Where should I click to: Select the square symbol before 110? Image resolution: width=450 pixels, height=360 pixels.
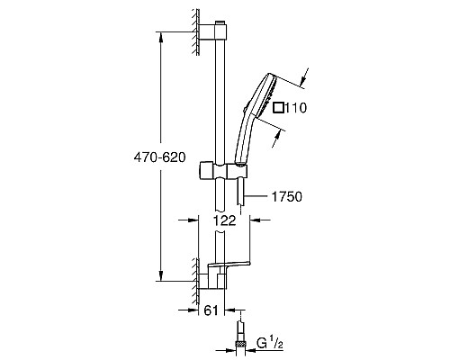click(x=280, y=108)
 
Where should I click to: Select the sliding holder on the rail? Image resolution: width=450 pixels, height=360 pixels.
click(x=219, y=169)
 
